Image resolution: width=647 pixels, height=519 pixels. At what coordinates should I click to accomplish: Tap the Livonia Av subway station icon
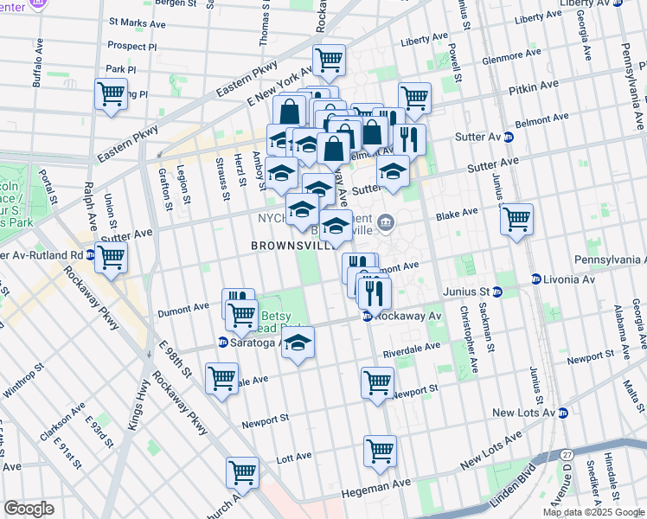pos(536,279)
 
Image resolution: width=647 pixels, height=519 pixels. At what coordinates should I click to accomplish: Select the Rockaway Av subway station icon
pos(368,317)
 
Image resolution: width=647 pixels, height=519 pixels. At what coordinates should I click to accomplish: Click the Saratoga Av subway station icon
pos(226,343)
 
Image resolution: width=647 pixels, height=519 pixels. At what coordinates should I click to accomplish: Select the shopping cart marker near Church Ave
pos(242,473)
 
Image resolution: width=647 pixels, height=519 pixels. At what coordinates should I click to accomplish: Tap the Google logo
pos(29,508)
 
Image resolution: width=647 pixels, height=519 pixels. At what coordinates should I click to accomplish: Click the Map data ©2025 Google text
pos(593,512)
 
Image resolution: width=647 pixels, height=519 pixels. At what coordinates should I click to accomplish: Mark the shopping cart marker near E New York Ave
pos(329,60)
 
